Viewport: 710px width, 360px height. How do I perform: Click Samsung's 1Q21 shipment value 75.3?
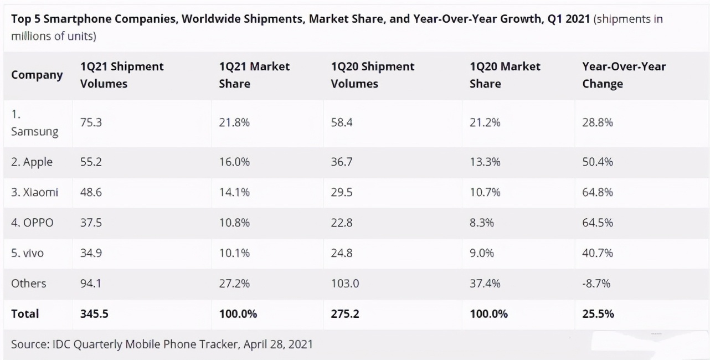pos(91,123)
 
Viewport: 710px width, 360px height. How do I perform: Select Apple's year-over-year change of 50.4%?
pos(598,162)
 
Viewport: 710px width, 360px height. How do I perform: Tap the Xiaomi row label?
pos(34,193)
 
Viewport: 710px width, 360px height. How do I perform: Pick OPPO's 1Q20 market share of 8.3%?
pos(481,223)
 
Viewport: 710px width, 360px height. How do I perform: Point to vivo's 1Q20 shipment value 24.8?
pos(342,253)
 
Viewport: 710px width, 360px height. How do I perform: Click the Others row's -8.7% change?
pos(596,284)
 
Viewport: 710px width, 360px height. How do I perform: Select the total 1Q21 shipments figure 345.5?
pos(94,314)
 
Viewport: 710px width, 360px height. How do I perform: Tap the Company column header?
pos(37,75)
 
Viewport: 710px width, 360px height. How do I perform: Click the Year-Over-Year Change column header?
pos(624,75)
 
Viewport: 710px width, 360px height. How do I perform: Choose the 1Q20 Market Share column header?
pos(505,75)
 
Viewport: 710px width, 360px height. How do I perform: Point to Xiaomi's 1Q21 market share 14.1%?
pos(234,193)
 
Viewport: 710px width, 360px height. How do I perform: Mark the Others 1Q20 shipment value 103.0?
pos(345,284)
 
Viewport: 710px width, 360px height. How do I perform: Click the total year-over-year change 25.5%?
pos(598,314)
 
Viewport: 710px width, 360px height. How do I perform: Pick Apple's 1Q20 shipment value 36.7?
pos(342,162)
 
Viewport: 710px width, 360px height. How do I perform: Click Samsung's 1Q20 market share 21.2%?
pos(485,123)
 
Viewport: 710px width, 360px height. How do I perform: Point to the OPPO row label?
pos(32,223)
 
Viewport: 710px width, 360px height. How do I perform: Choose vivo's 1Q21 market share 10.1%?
pos(234,253)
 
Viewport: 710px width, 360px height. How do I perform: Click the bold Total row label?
pos(25,314)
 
